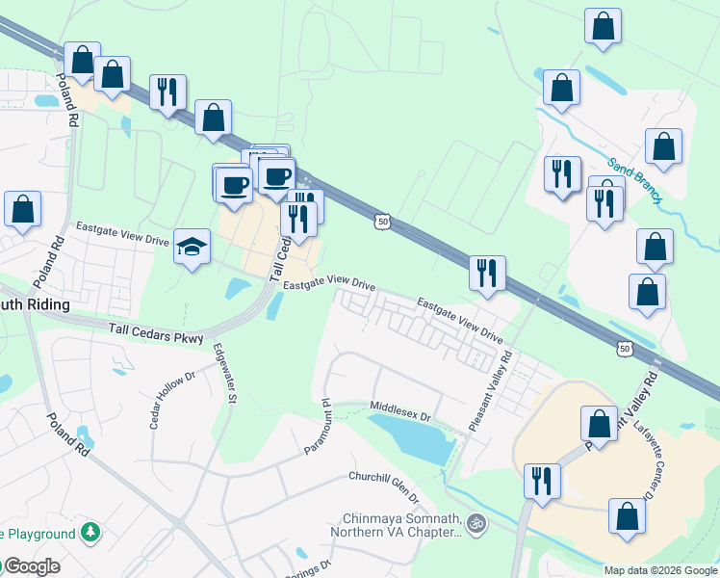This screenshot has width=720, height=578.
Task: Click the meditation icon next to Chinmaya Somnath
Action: click(475, 524)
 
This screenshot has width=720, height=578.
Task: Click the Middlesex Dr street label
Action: click(401, 411)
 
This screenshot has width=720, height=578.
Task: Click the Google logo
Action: click(31, 566)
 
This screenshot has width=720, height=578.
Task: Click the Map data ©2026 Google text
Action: click(660, 570)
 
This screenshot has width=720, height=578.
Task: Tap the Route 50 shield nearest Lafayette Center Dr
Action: click(625, 349)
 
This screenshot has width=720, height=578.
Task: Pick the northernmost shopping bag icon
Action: click(603, 27)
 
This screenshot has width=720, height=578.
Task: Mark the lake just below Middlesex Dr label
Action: click(412, 438)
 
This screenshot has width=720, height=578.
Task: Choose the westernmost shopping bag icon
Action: click(22, 210)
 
